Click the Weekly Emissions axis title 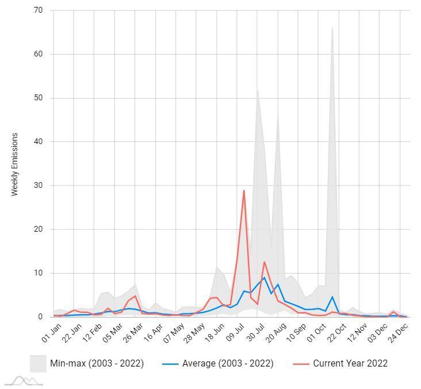coord(15,164)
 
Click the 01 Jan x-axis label coord(52,334)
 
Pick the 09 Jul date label coord(236,334)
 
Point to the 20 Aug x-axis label coord(277,334)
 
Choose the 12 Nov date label coord(358,334)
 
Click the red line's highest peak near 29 coord(244,190)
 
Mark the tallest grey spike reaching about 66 coord(332,28)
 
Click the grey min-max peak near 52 coord(257,89)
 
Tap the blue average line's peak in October coord(332,297)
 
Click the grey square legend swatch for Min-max coord(38,363)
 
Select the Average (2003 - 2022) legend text coord(228,363)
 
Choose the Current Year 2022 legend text coord(350,363)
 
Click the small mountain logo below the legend coord(24,380)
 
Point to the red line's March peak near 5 coord(135,296)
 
